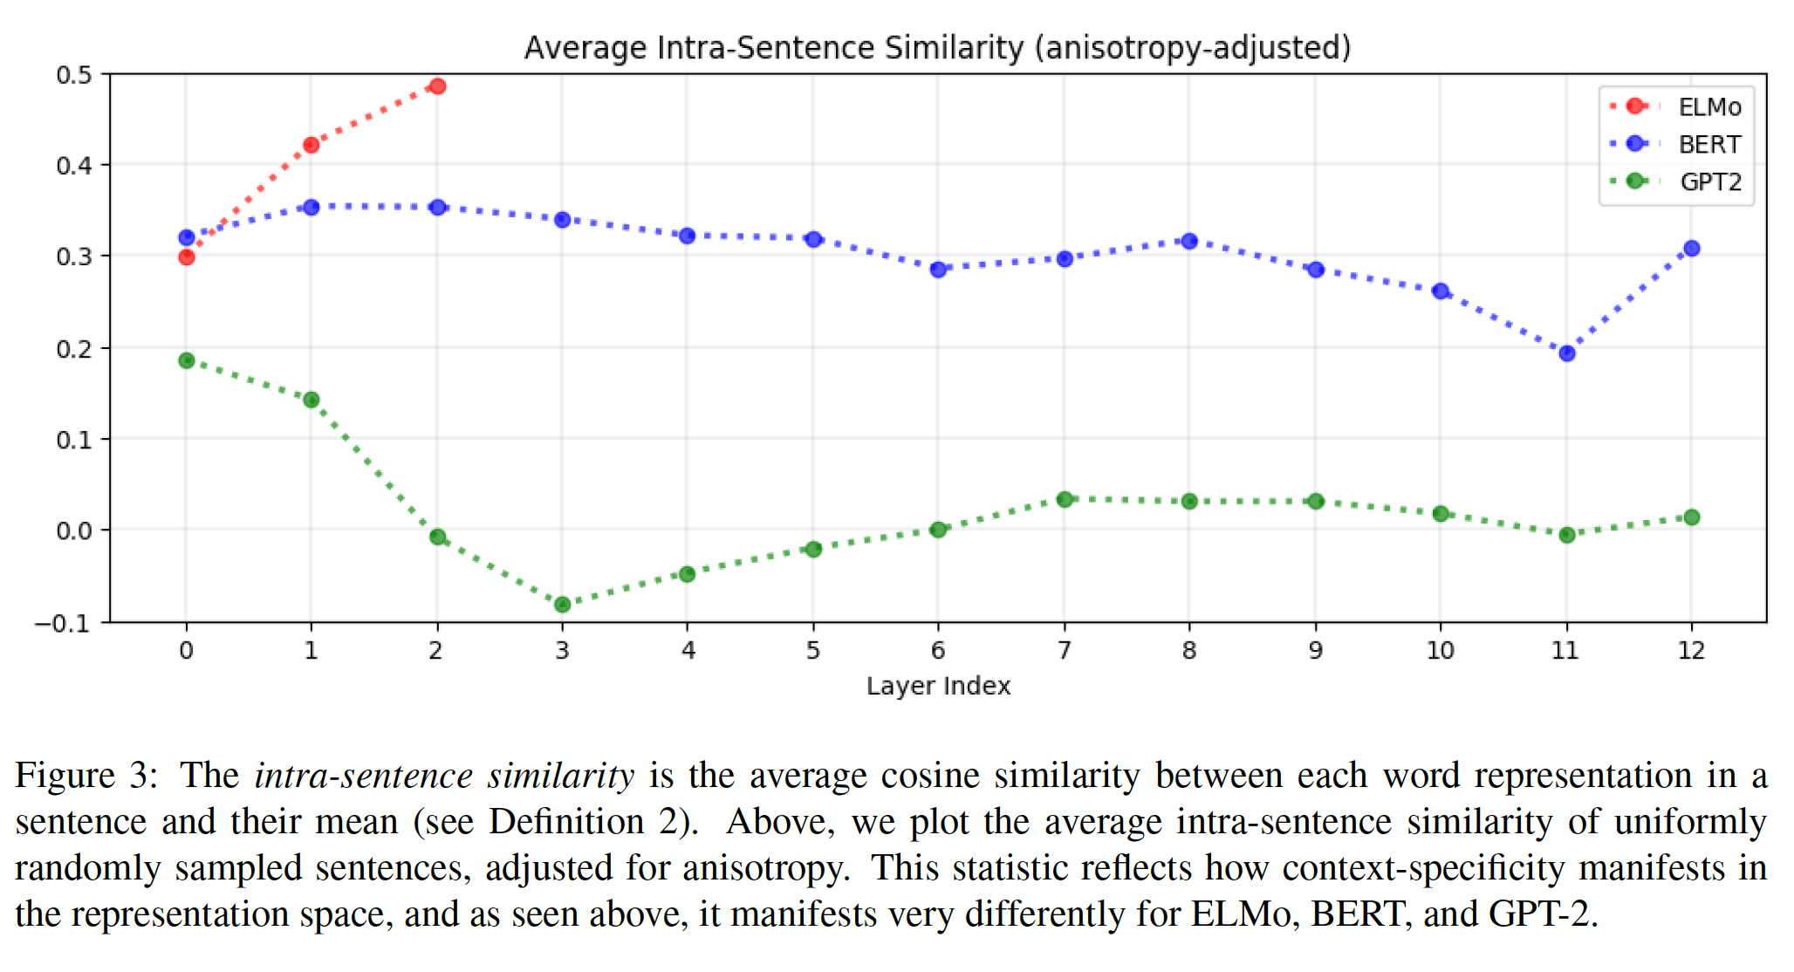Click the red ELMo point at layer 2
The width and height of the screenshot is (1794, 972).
(437, 86)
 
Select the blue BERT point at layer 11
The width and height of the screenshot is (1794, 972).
(1566, 353)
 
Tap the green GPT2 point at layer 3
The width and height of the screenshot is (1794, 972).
(563, 604)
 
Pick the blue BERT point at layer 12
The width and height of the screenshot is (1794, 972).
(1691, 249)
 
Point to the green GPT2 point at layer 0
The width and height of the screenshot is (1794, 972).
(186, 360)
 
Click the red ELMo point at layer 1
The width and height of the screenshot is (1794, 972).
(312, 145)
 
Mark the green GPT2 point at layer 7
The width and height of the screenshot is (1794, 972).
(1064, 500)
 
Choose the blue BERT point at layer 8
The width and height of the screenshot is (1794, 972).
(1189, 241)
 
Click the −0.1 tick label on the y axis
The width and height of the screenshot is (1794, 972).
(63, 623)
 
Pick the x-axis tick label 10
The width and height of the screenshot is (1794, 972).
(1440, 651)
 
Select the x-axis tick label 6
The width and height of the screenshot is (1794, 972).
(938, 651)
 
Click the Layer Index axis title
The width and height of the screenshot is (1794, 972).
(938, 687)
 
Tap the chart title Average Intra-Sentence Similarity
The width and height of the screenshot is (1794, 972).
(937, 48)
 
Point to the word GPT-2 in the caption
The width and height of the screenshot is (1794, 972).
(1541, 914)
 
